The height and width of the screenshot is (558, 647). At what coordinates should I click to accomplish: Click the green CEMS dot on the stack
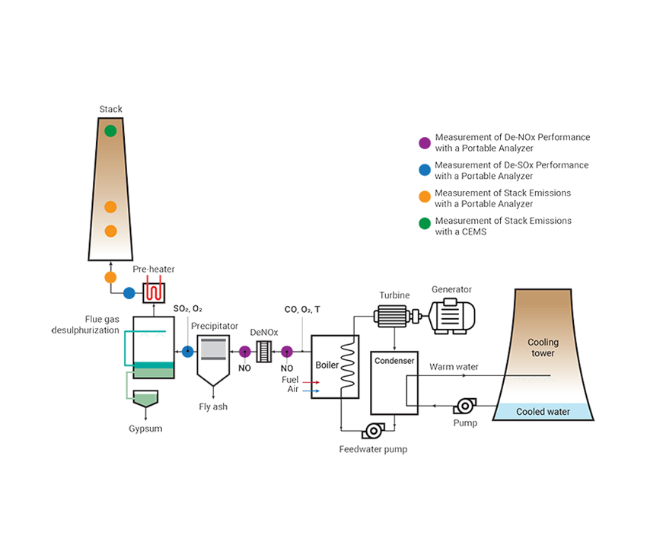pyautogui.click(x=110, y=131)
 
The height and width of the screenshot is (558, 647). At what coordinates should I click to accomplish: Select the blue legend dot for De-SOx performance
pyautogui.click(x=425, y=170)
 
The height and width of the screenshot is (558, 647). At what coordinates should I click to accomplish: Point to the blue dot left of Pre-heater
pyautogui.click(x=129, y=292)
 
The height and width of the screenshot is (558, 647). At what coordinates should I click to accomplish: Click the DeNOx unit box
pyautogui.click(x=265, y=351)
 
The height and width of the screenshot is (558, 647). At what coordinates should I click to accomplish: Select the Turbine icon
pyautogui.click(x=394, y=314)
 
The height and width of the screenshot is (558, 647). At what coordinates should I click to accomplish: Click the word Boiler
pyautogui.click(x=327, y=365)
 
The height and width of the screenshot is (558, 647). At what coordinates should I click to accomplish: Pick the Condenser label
pyautogui.click(x=394, y=361)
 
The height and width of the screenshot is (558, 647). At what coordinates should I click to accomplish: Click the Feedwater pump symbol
pyautogui.click(x=373, y=431)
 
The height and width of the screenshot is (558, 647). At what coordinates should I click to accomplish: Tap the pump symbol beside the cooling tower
pyautogui.click(x=465, y=407)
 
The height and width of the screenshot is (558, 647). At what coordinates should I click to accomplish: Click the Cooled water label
pyautogui.click(x=543, y=412)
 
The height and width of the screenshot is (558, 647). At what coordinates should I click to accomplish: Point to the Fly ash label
pyautogui.click(x=213, y=407)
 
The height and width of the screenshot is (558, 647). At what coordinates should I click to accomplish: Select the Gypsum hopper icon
pyautogui.click(x=145, y=399)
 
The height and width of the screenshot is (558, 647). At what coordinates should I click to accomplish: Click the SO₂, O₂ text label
pyautogui.click(x=187, y=308)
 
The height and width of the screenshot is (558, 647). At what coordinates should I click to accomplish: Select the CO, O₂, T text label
pyautogui.click(x=302, y=310)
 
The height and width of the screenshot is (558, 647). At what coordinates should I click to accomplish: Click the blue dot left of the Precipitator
pyautogui.click(x=187, y=351)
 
